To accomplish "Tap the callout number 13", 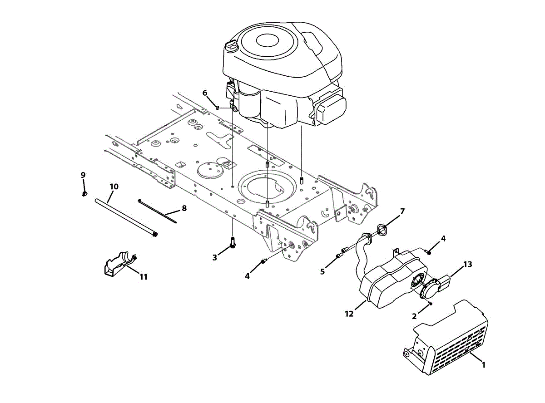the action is coord(468,264).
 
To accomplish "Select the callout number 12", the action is coord(349,314).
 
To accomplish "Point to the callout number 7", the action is coord(402,211).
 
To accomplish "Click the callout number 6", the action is coord(205,93).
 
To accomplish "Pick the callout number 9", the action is coord(83,175).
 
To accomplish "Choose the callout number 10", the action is coord(114,187).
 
